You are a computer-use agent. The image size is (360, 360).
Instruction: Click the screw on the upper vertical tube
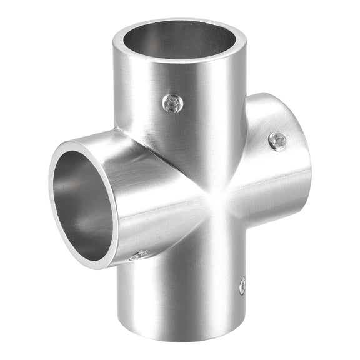[x=172, y=103]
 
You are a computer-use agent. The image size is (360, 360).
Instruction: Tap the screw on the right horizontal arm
[x=277, y=141]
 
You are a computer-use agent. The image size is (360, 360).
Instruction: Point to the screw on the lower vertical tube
[x=242, y=286]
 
